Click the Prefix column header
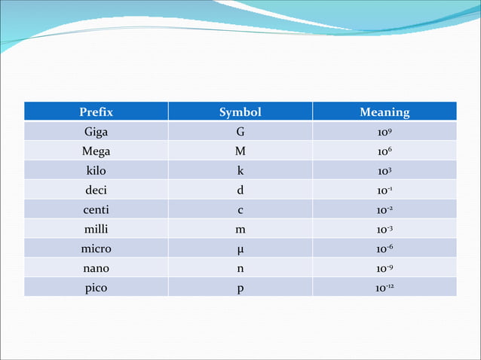96,112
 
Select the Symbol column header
240,112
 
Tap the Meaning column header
384,112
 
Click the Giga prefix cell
96,132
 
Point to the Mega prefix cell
96,151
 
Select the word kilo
96,171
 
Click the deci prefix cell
96,191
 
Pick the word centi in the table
96,210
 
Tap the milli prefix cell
96,229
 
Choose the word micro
96,249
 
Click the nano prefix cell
96,268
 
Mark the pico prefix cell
96,288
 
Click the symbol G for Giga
240,132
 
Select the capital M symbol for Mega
240,151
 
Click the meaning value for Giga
384,132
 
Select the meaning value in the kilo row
384,171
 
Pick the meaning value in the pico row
384,288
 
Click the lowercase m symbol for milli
240,230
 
